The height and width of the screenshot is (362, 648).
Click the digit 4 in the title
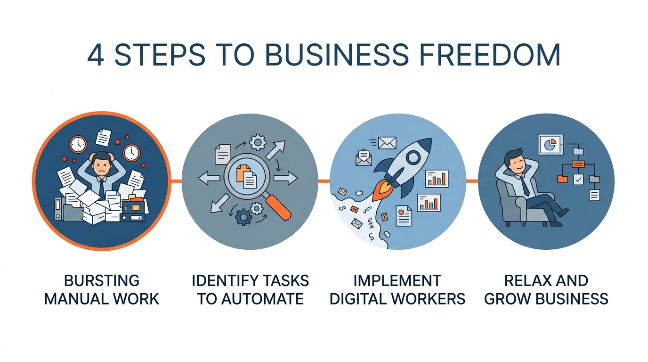click(x=96, y=56)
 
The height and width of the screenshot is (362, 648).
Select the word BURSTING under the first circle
click(x=102, y=281)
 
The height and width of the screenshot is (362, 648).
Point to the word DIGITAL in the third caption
click(x=358, y=298)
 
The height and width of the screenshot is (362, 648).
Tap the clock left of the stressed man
click(x=78, y=144)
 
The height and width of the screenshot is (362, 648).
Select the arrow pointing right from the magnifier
click(x=286, y=178)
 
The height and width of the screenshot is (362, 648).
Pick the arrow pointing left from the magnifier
click(x=210, y=178)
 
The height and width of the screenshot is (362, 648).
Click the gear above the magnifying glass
click(x=257, y=142)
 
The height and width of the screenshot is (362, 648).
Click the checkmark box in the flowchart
click(x=578, y=180)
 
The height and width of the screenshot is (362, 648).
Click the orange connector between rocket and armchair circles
click(x=472, y=181)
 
